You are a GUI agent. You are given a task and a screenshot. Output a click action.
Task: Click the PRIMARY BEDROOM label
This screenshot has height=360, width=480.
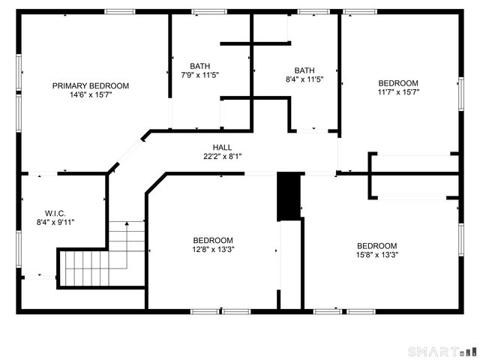point(90,85)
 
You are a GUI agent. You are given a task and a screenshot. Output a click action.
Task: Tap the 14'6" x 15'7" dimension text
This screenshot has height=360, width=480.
point(90,95)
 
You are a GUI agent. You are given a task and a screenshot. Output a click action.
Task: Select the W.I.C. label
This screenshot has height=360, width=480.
point(56,213)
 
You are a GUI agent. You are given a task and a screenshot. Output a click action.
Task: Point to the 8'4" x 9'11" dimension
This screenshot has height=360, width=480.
point(56,222)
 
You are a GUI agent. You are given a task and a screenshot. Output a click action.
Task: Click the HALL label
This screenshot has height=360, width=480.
point(222,147)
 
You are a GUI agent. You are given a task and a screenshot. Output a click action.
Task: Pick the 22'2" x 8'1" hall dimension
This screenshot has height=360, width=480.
point(222,157)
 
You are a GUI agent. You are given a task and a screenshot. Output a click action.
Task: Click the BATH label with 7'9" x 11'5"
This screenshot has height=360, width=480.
point(200,65)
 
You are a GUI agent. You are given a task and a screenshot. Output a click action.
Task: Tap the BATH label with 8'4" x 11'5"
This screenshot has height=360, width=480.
point(304,70)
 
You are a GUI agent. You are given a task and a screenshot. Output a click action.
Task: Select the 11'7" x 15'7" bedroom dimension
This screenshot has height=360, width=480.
point(398,93)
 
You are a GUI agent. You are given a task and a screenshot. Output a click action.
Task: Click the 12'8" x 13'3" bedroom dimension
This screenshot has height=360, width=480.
point(213,250)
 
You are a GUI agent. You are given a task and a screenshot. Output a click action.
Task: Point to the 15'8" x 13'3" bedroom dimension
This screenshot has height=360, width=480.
point(376,255)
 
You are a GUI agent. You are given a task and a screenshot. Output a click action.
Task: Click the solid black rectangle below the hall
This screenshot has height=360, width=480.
point(289,197)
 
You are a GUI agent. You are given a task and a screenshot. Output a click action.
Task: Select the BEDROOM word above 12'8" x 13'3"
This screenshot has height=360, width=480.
point(213,240)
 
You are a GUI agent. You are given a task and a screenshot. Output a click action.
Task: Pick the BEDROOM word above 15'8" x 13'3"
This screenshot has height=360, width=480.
point(376,245)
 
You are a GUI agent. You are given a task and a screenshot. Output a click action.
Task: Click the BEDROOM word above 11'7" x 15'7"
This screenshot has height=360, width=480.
point(398,83)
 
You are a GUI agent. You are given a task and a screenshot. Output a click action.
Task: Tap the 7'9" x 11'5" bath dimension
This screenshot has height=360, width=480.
point(200,75)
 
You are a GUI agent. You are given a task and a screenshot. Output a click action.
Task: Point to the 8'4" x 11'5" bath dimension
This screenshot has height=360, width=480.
point(304,79)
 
